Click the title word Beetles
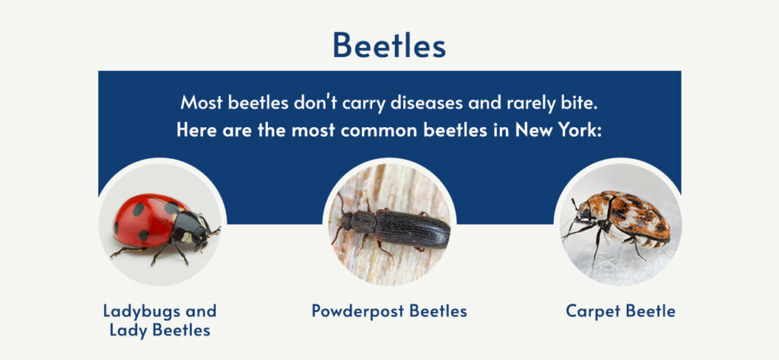pyautogui.click(x=389, y=46)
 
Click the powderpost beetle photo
pyautogui.click(x=389, y=224)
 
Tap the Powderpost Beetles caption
pyautogui.click(x=389, y=311)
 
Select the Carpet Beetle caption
pyautogui.click(x=620, y=311)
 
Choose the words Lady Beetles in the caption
pyautogui.click(x=160, y=330)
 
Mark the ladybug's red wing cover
pyautogui.click(x=145, y=217)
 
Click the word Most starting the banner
pyautogui.click(x=202, y=101)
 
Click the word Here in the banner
pyautogui.click(x=196, y=129)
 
